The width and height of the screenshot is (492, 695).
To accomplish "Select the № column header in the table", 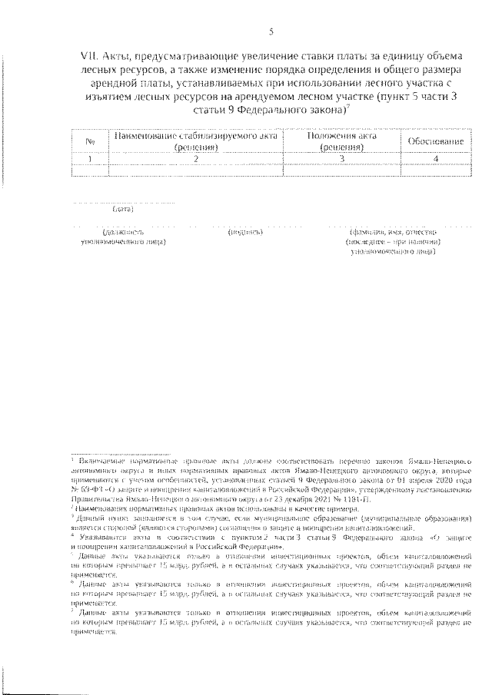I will (90, 141).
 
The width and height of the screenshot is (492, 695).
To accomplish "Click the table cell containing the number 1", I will (90, 158).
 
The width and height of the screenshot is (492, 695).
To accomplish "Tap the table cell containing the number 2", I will (196, 158).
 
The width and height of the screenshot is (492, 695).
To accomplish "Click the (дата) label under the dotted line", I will (123, 209).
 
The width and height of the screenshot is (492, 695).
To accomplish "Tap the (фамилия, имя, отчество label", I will (393, 231).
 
